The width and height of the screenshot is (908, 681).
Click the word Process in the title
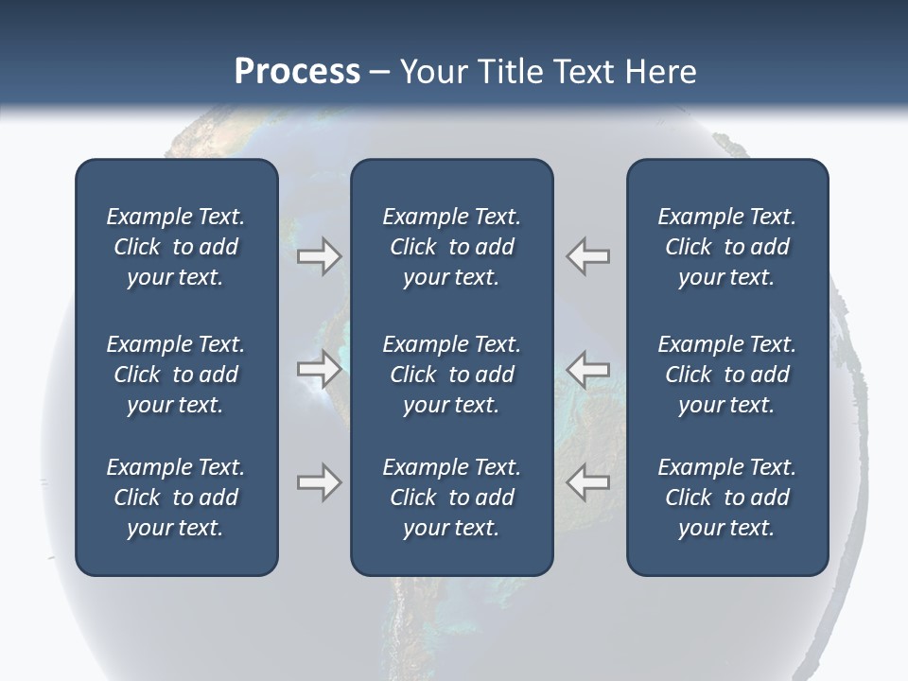[297, 72]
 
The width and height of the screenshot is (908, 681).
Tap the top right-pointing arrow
[319, 256]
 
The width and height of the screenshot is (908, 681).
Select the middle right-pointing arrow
[319, 369]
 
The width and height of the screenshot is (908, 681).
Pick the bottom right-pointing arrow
[319, 482]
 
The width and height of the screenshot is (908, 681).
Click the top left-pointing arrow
[588, 256]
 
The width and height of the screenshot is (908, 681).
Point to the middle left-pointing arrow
[588, 369]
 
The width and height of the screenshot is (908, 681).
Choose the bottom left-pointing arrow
[588, 482]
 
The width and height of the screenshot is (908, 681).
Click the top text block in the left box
[176, 247]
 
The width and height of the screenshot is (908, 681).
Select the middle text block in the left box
[176, 375]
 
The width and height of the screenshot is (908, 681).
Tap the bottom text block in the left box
[176, 498]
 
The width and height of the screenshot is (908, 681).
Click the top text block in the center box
[451, 247]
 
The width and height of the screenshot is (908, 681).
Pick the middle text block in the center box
[451, 375]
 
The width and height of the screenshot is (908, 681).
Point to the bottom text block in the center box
[451, 498]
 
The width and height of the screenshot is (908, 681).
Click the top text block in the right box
[727, 247]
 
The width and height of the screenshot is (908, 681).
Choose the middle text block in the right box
[727, 375]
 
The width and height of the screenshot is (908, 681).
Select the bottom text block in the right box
[727, 498]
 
